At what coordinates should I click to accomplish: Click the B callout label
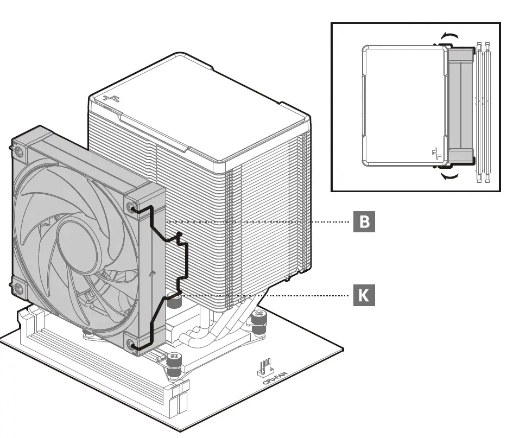tap(364, 222)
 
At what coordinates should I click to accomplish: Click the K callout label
tap(364, 295)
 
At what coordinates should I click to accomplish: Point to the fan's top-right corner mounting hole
tap(133, 207)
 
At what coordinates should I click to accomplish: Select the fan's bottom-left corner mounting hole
tap(18, 288)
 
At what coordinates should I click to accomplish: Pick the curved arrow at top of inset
tap(448, 36)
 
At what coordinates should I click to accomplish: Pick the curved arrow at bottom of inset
tap(448, 176)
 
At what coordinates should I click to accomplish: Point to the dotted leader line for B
tap(255, 222)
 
